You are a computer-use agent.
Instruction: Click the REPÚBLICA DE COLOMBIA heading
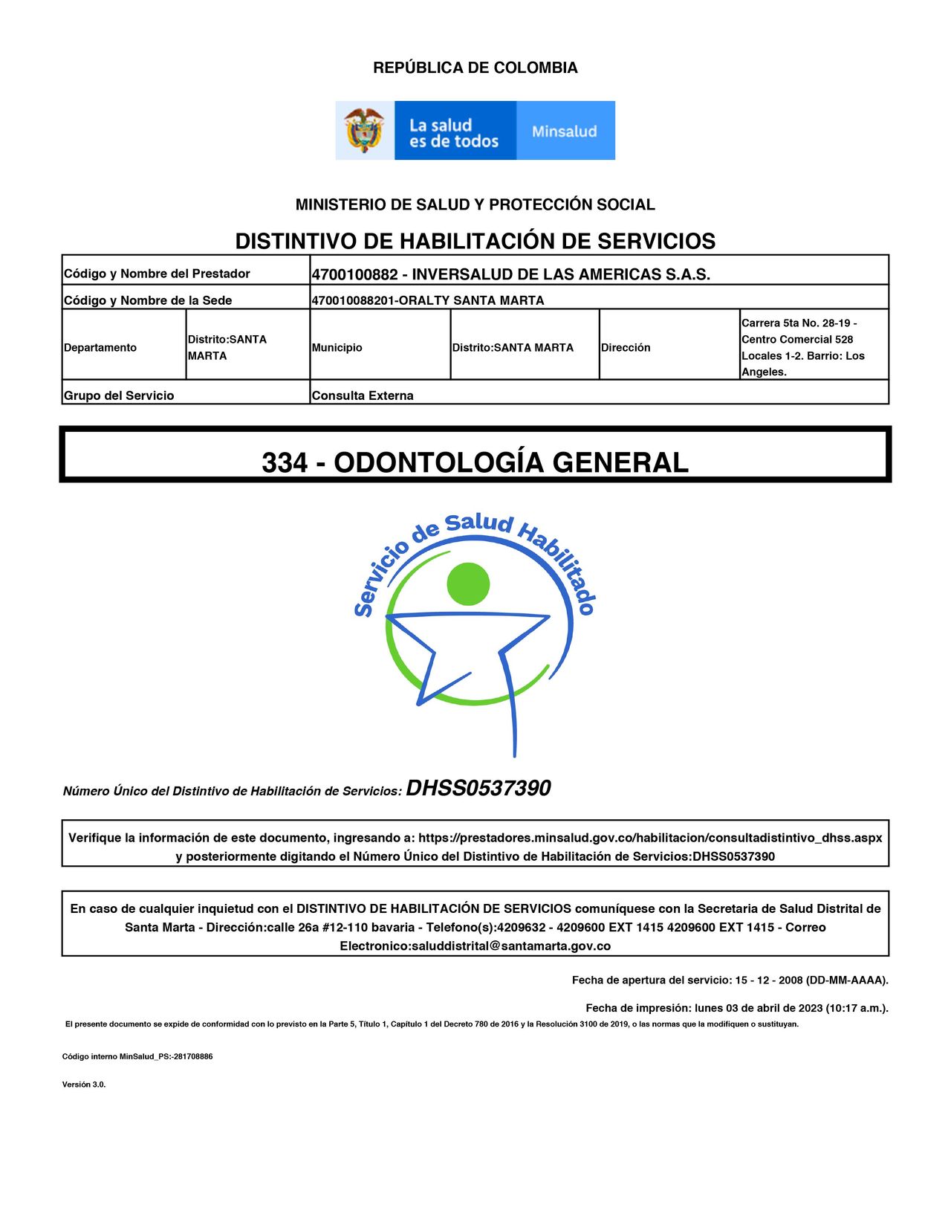coord(475,68)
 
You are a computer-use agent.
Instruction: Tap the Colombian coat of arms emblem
coord(364,131)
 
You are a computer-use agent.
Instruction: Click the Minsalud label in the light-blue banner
coord(565,132)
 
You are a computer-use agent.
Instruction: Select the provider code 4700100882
coord(354,274)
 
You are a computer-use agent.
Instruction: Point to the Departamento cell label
coord(100,348)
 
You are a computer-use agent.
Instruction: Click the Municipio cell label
coord(337,348)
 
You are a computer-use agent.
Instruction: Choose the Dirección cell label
coord(626,348)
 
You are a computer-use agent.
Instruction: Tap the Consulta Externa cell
coord(363,395)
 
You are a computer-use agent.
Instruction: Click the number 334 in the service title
coord(285,462)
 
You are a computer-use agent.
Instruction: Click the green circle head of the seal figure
coord(469,584)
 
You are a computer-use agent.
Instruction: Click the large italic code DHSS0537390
coord(478,788)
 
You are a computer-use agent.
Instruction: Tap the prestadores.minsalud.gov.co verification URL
coord(650,838)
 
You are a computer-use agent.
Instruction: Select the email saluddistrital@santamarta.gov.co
coord(510,946)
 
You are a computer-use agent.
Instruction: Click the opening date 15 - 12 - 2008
coord(769,980)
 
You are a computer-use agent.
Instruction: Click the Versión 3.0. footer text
coord(84,1085)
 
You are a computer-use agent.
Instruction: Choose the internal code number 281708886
coord(193,1056)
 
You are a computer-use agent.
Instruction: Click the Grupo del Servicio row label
coord(119,395)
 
